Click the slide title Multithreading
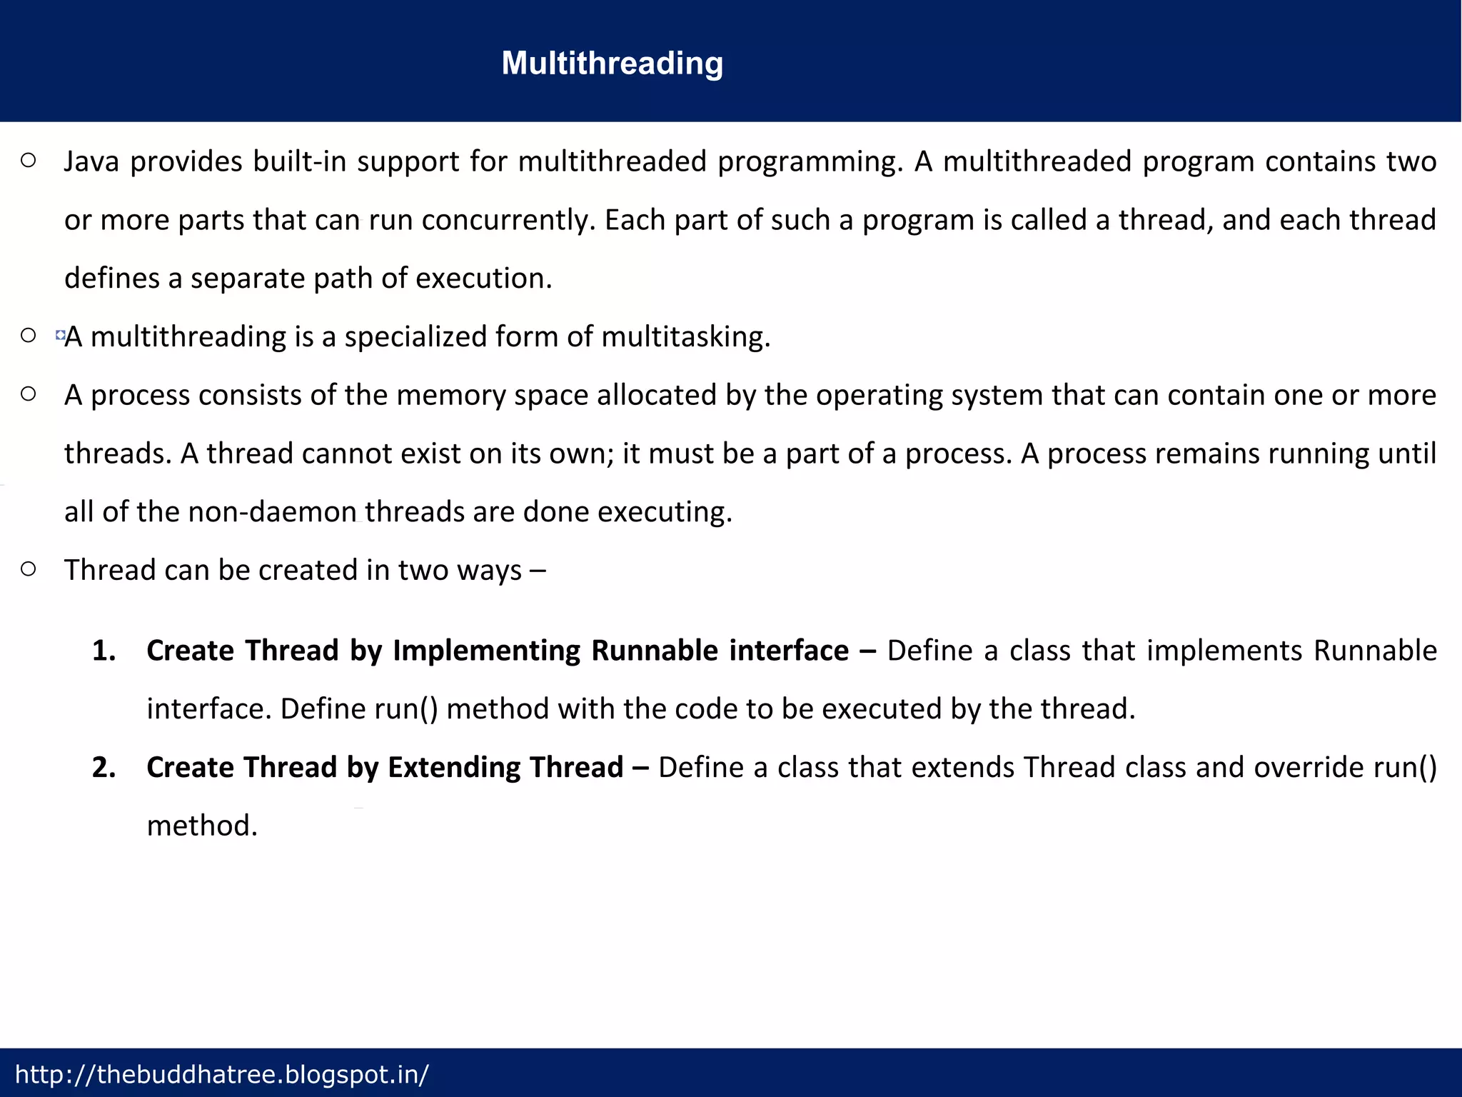pos(612,63)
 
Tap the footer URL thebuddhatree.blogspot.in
pos(222,1074)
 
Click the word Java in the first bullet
pos(91,161)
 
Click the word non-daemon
pos(272,511)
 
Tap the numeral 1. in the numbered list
pos(104,651)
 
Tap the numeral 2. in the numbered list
pos(104,767)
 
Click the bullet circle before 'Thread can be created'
pos(29,569)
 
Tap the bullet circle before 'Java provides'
pos(29,161)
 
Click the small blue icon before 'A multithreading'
pos(60,334)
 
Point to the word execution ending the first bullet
pos(483,279)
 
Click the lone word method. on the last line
pos(202,826)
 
